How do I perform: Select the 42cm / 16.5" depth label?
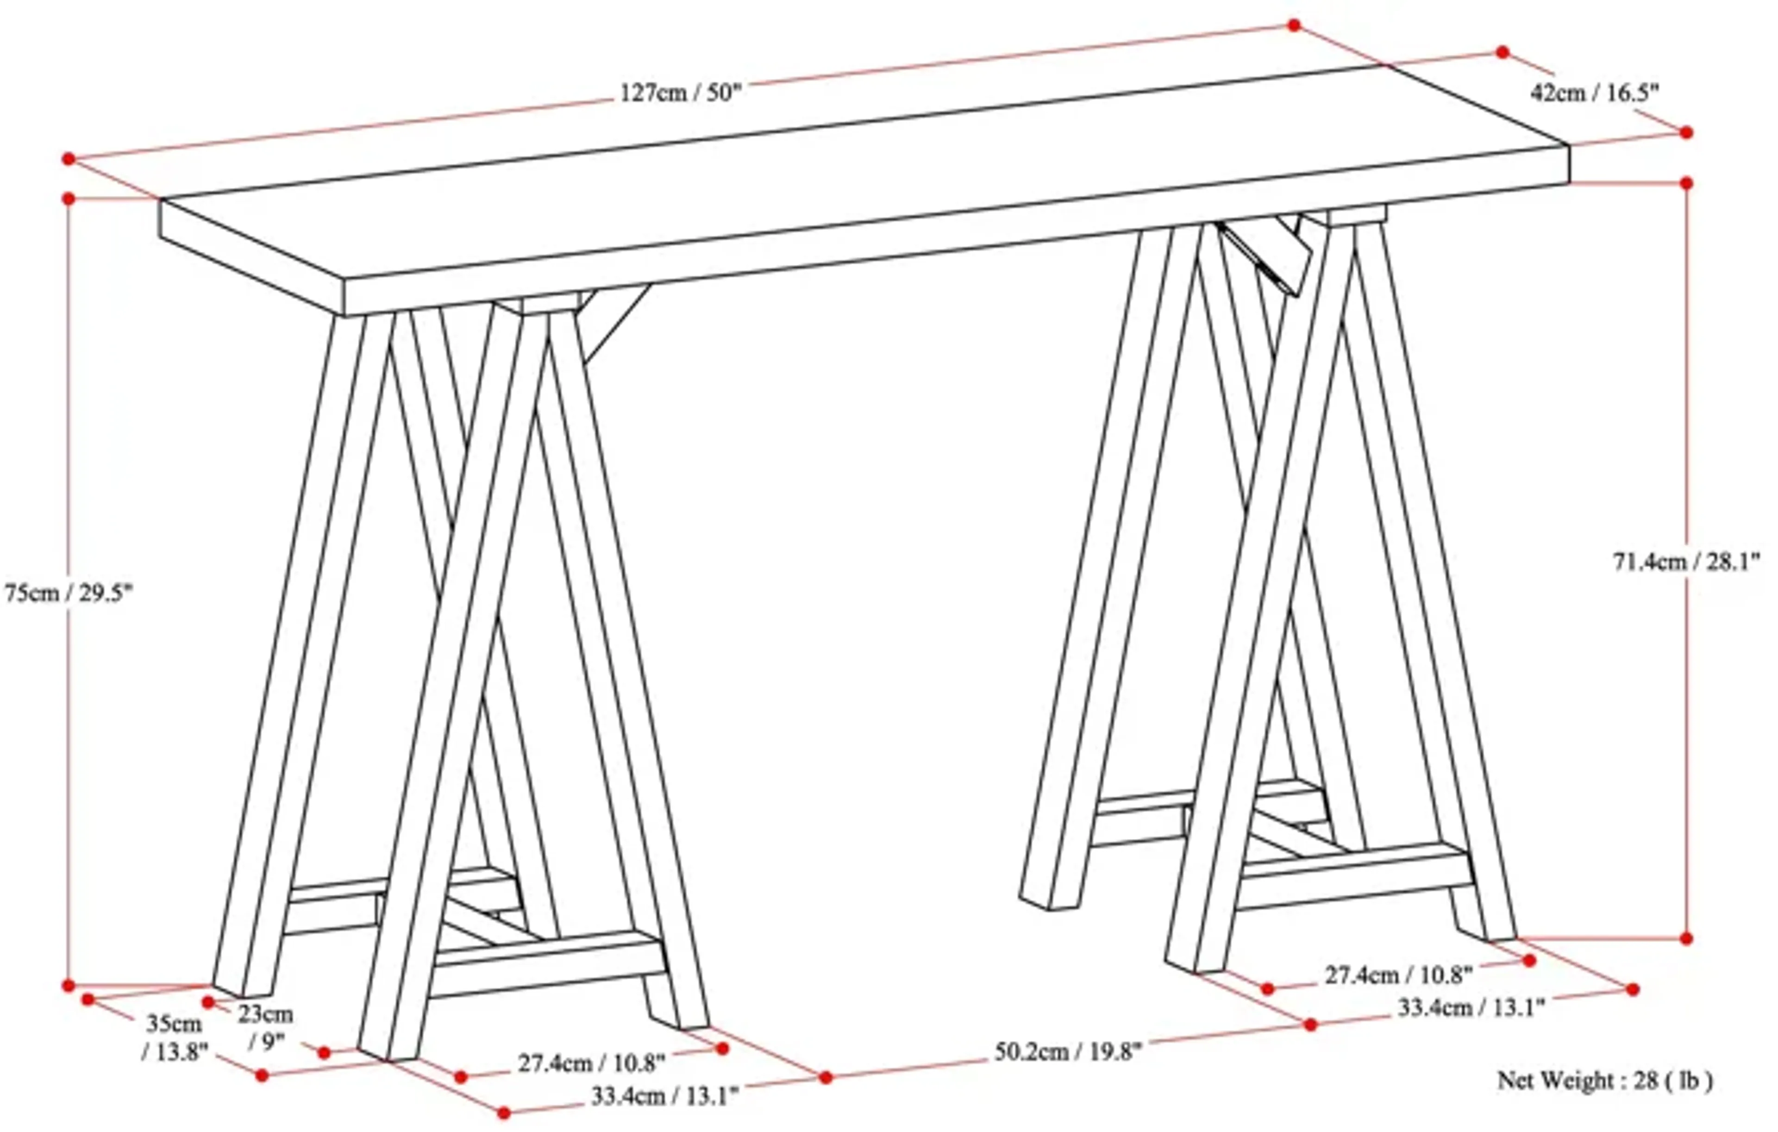(1595, 93)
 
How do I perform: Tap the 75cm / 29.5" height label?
(68, 593)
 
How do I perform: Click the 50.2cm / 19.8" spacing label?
(1068, 1051)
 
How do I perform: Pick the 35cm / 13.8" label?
(174, 1038)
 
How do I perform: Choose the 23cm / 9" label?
(265, 1027)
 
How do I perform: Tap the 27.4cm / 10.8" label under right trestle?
(1398, 976)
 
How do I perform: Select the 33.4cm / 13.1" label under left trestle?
(664, 1096)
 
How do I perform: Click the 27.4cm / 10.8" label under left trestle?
(591, 1064)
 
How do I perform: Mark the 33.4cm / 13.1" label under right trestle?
(1471, 1008)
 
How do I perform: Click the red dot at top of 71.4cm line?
(1686, 182)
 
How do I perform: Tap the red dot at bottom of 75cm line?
(69, 986)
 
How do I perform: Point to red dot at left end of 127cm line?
(69, 159)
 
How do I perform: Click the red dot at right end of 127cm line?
(1294, 25)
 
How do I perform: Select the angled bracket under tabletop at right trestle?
(1263, 255)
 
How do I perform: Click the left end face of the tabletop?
(251, 258)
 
